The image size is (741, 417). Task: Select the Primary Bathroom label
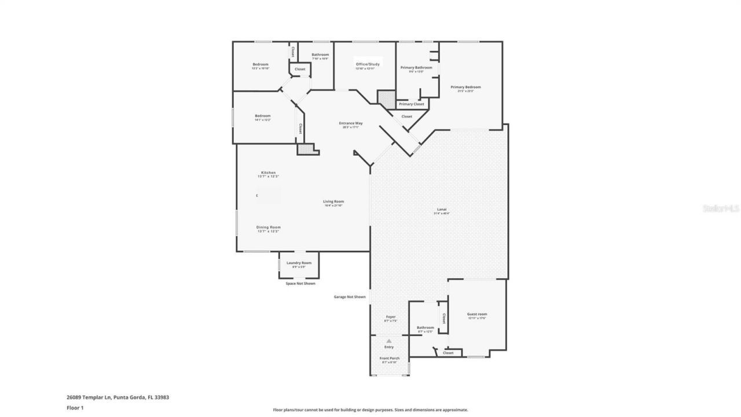pos(416,68)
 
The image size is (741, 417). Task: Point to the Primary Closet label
pos(412,104)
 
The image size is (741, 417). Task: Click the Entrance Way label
pos(351,123)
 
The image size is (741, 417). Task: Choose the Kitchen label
pos(268,173)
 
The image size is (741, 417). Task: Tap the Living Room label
pos(333,202)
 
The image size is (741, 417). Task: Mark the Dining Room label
pos(268,227)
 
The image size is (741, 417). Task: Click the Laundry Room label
pos(299,263)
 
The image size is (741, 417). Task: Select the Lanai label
pos(441,210)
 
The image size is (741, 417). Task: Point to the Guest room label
pos(477,314)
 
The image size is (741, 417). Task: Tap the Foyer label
pos(391,317)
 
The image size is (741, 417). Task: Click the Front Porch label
pos(389,359)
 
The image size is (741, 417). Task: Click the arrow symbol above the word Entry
pos(389,341)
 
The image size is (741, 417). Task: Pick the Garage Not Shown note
pos(350,297)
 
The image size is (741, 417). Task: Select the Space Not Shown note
pos(300,283)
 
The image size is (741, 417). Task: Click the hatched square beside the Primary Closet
pos(385,98)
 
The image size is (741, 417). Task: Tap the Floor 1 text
pos(75,408)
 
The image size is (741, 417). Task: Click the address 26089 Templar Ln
pos(93,397)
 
